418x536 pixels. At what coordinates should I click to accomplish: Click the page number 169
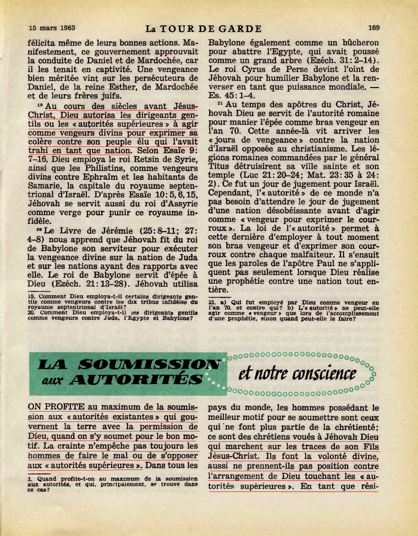pos(373,28)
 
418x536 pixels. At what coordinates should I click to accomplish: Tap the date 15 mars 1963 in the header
pos(52,28)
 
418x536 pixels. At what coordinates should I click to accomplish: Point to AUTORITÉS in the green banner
pos(136,380)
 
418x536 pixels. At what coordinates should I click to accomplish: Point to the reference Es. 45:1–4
pos(232,95)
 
